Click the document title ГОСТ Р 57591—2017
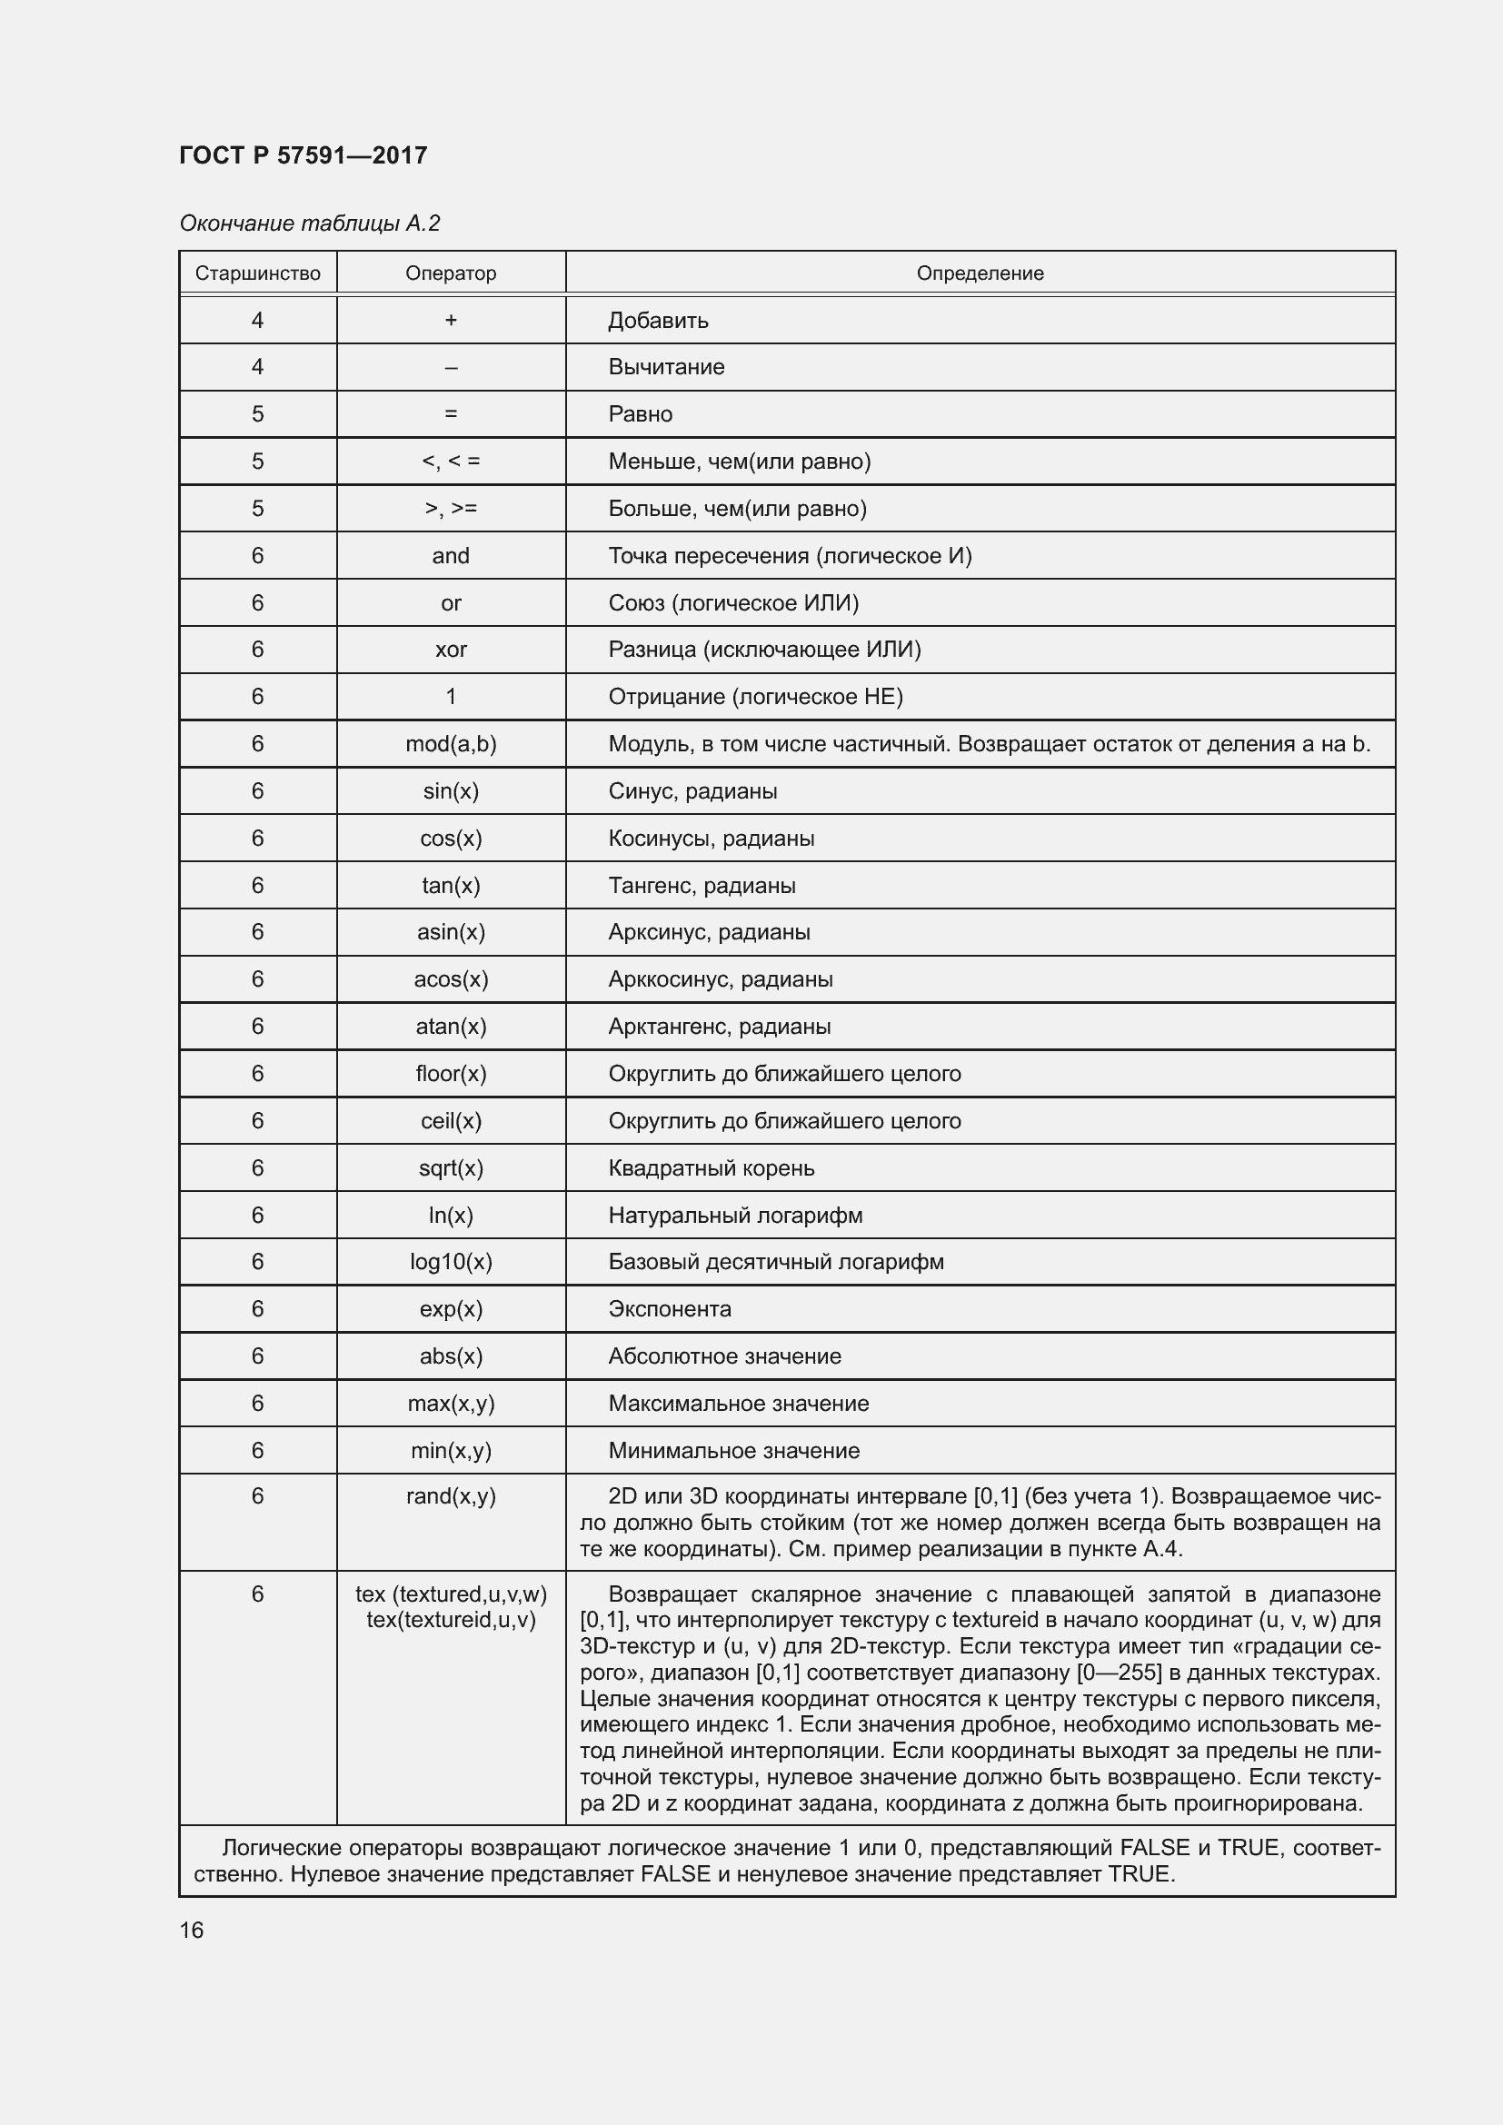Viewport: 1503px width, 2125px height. (x=303, y=154)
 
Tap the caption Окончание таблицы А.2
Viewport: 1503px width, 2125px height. (x=309, y=223)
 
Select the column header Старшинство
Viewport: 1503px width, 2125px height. (x=257, y=273)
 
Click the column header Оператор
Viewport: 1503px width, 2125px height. (x=451, y=273)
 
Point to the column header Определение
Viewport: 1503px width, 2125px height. (x=980, y=273)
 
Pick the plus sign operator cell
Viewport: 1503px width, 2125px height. (x=451, y=320)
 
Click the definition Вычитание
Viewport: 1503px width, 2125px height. (x=665, y=367)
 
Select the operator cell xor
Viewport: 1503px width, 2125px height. (x=451, y=650)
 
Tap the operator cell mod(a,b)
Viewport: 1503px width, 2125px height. (x=451, y=744)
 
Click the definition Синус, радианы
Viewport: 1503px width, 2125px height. (x=692, y=791)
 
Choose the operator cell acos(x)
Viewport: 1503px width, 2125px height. (x=451, y=979)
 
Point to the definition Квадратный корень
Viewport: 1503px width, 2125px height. (x=711, y=1168)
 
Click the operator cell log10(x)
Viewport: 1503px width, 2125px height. (x=451, y=1262)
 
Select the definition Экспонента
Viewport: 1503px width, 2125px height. (x=669, y=1308)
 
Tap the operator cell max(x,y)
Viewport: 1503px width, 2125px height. (x=451, y=1403)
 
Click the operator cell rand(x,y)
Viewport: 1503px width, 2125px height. (x=451, y=1496)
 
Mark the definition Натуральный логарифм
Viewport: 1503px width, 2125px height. (x=735, y=1216)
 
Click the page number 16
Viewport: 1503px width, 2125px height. (x=192, y=1930)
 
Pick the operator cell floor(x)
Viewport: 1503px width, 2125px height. (x=451, y=1074)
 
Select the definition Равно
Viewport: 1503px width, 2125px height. (x=640, y=414)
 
